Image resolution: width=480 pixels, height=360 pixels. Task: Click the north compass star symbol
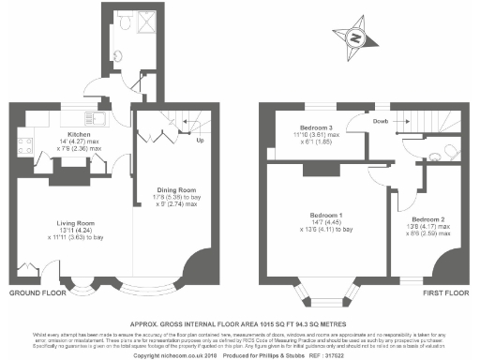coord(355,37)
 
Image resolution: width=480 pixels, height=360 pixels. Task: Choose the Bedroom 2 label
coord(424,217)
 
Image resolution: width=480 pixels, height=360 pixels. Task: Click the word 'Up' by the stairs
coord(199,142)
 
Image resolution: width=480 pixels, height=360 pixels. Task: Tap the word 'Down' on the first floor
coord(380,120)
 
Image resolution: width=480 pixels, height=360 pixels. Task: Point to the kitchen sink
coord(97,118)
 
